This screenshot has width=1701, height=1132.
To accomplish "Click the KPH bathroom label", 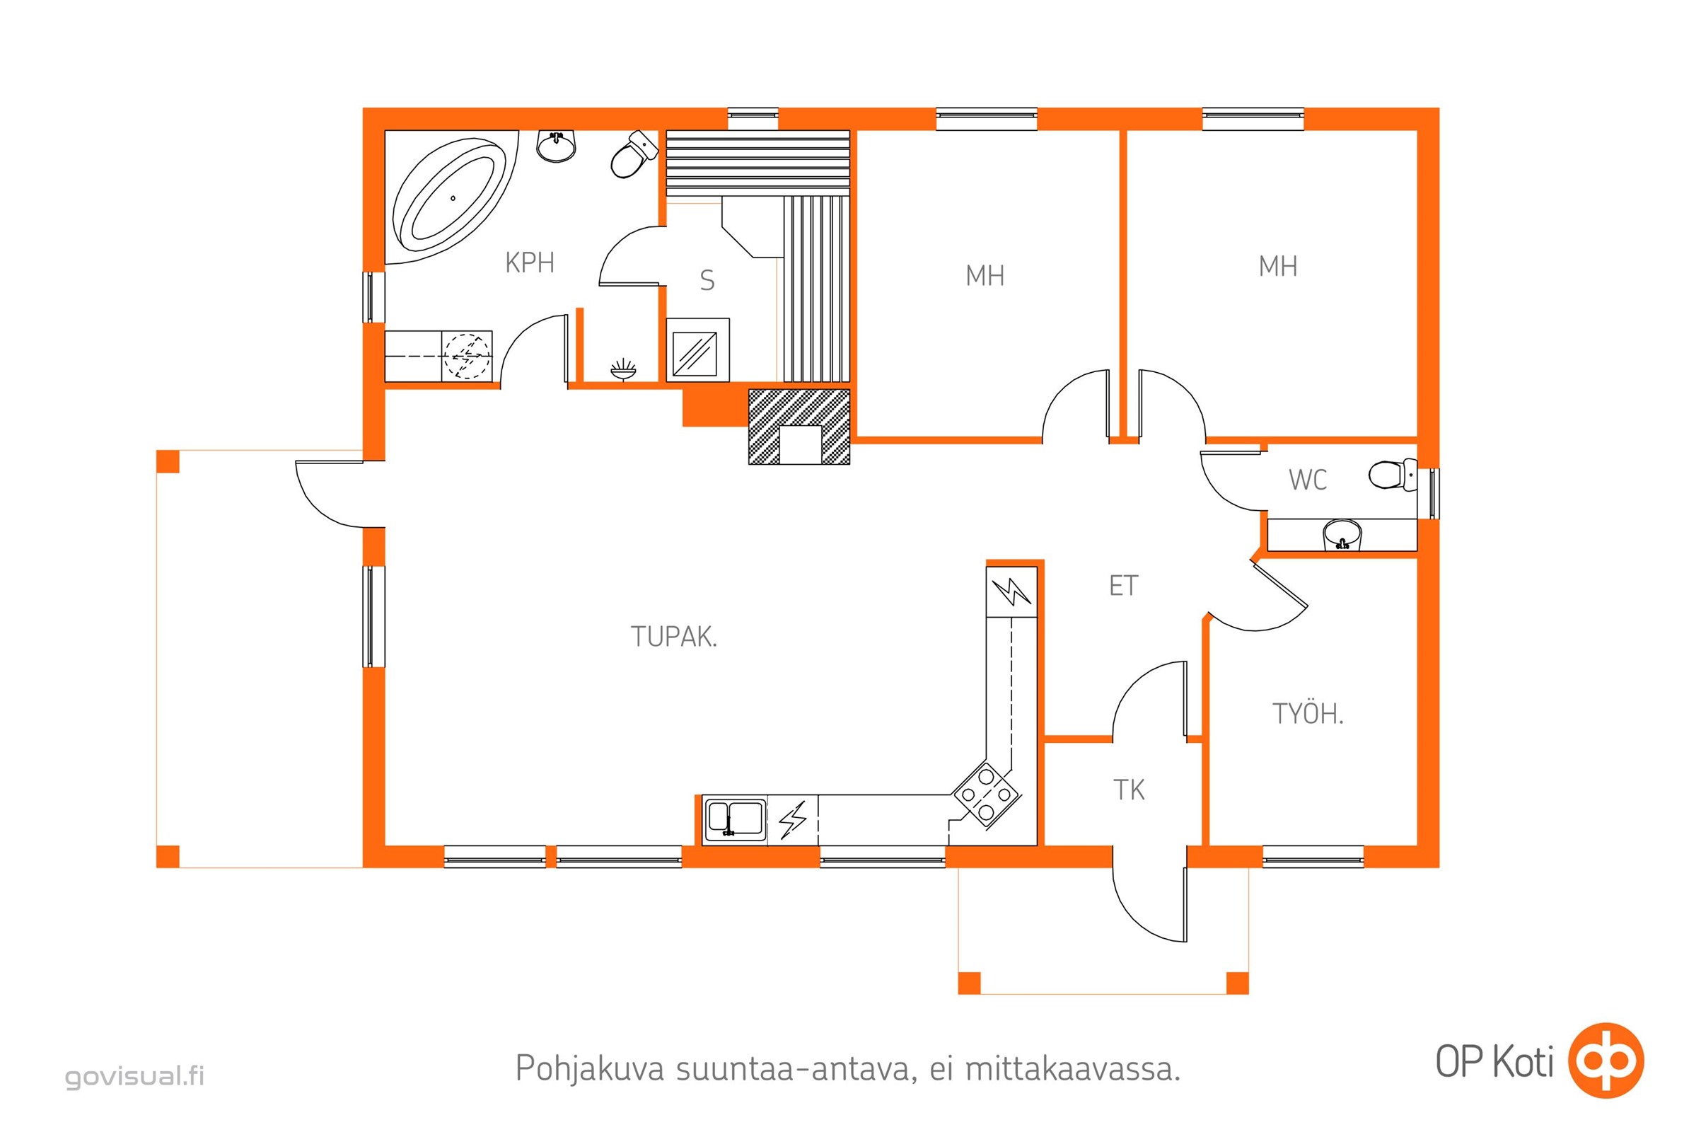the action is coord(530,262).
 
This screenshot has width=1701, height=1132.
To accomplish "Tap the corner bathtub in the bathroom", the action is coord(452,197).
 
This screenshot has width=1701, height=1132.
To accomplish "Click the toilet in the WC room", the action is coord(1392,474).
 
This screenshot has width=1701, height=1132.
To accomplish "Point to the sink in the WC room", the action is coord(1342,535).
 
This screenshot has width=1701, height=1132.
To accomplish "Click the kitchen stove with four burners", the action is coord(986,795).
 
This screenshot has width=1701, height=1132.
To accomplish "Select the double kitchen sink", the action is coord(735,820).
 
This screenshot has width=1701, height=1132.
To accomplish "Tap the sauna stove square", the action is coord(695,354).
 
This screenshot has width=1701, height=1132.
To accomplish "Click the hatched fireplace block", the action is coord(800,426).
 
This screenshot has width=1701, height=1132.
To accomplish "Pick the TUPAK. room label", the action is coord(674,637).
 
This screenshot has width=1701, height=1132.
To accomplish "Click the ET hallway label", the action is coord(1123,586).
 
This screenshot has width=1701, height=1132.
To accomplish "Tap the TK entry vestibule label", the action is coord(1129,790).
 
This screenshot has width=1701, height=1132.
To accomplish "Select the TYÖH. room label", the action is coord(1308,713).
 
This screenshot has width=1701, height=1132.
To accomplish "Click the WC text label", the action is coord(1308,480).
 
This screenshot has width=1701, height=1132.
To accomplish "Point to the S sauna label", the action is coord(707,280).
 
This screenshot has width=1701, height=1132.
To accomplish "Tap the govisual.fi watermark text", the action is coord(135,1076).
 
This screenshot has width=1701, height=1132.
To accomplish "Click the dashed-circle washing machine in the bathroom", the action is coord(466,356).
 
